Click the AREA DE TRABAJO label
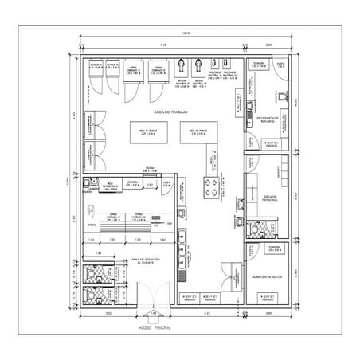click(170, 112)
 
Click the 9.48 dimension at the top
click(162, 45)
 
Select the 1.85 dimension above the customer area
click(99, 252)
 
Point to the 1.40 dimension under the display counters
click(162, 239)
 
